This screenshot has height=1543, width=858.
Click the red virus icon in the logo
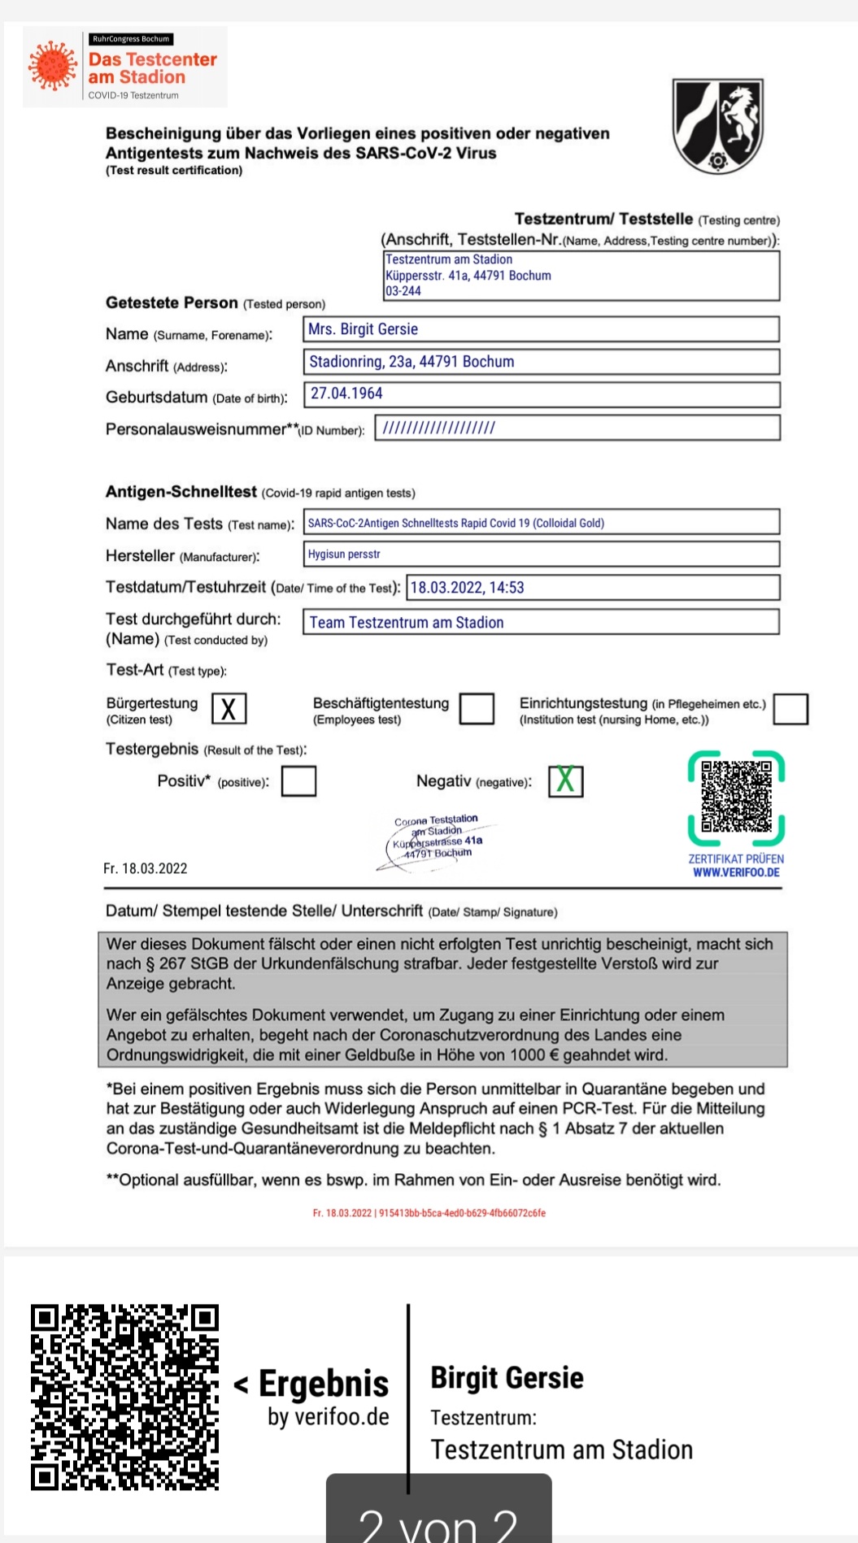(x=52, y=66)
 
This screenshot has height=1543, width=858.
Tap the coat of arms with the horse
(x=718, y=125)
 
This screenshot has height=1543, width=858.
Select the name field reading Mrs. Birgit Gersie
(x=541, y=329)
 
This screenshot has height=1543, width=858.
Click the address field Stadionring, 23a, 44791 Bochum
(x=541, y=362)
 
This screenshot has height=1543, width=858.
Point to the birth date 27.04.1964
(x=541, y=393)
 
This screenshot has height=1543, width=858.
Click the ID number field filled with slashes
(x=577, y=428)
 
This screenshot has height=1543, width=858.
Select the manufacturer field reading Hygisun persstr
(x=541, y=554)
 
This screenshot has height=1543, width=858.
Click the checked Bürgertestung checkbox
(x=229, y=709)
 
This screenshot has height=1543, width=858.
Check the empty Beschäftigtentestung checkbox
(x=477, y=709)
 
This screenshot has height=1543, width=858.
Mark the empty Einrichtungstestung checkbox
(x=790, y=709)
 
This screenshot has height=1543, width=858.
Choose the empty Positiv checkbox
(x=298, y=782)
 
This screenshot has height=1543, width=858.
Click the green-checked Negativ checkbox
(x=565, y=781)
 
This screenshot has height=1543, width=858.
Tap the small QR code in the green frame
(x=736, y=798)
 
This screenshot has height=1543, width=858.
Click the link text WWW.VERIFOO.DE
(x=736, y=873)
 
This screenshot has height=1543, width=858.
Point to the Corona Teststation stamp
(x=437, y=840)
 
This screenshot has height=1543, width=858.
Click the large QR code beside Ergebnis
(x=125, y=1397)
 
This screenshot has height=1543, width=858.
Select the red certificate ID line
(x=429, y=1213)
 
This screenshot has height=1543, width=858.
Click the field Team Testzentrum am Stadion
(x=541, y=623)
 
